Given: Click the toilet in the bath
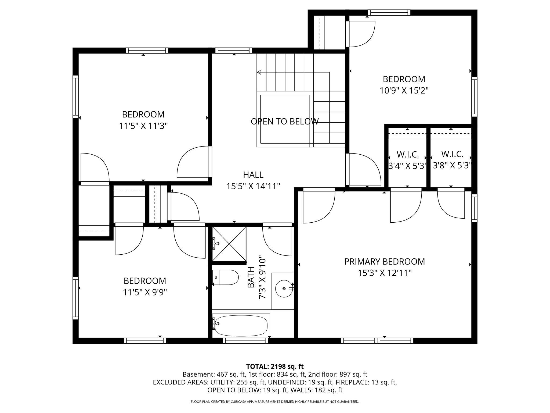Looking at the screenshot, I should [x=226, y=277].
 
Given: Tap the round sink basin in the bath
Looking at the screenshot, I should [x=284, y=289].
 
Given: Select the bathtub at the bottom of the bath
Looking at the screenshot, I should [x=241, y=325].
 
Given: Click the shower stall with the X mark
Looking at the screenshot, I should [x=229, y=244].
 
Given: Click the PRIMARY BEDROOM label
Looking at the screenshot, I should [x=385, y=262].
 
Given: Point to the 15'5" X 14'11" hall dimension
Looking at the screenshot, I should [x=253, y=186].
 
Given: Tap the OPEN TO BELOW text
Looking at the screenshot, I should [x=285, y=122].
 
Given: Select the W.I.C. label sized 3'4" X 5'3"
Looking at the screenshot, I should [x=408, y=155].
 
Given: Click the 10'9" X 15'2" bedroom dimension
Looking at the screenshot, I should [x=404, y=91].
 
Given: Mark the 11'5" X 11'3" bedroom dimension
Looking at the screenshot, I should [x=143, y=126].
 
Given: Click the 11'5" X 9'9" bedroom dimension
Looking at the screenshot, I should [x=145, y=292].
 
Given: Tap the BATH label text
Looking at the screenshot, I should [x=251, y=281].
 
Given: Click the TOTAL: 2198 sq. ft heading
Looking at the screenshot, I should [x=275, y=366].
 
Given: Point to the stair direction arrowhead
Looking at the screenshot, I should [x=259, y=72].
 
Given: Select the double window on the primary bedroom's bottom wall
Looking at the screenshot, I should [x=377, y=341].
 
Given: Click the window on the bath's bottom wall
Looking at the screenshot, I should [x=245, y=341].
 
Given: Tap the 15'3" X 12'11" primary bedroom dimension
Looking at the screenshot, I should [x=385, y=273].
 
